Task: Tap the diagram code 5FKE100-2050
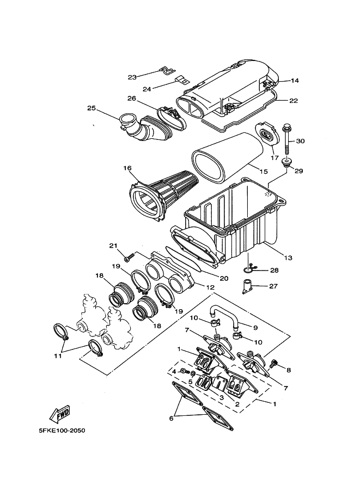click(62, 431)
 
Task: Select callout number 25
click(91, 108)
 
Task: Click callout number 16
click(127, 168)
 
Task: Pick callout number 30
click(300, 142)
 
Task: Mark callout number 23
click(132, 77)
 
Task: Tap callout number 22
click(294, 101)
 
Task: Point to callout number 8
click(288, 370)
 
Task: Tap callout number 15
click(263, 171)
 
